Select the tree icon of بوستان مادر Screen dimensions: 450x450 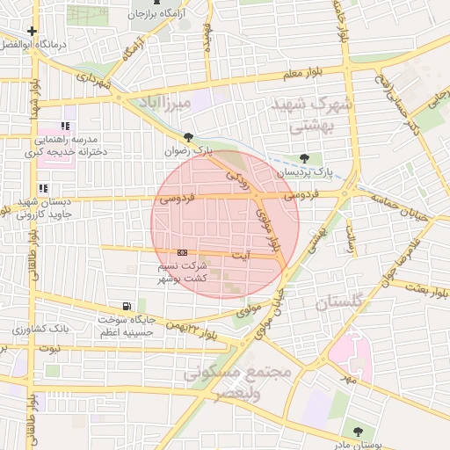358,432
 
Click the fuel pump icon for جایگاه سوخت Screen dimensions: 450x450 129,306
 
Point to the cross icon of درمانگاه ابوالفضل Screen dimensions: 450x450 32,31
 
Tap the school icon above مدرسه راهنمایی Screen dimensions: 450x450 65,127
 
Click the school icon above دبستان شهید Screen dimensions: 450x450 43,188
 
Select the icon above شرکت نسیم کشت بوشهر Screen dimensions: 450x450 182,253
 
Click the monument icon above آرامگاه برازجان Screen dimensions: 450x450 157,4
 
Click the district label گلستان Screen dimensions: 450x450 338,303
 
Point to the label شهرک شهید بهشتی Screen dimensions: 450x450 307,115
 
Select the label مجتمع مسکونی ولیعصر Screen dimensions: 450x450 237,381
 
